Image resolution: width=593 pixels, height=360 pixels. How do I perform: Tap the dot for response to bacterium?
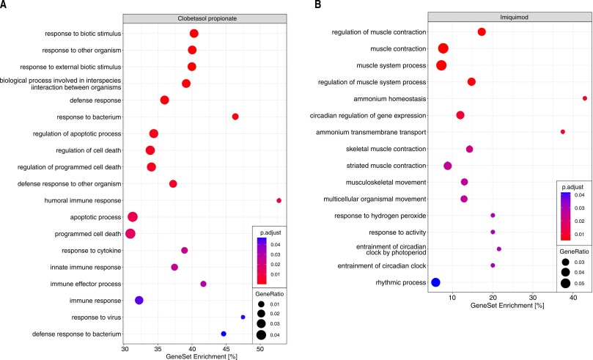tap(235, 117)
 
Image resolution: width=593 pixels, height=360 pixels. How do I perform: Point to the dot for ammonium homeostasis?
tap(585, 98)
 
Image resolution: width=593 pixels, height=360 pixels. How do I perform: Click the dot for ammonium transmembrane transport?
tap(563, 132)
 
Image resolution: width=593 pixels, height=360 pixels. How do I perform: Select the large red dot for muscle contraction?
tap(443, 49)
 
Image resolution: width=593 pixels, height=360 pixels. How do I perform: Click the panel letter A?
tap(5, 5)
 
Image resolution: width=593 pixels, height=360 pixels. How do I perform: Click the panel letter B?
tap(317, 5)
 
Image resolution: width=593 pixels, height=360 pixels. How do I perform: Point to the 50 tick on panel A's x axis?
tap(260, 350)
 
